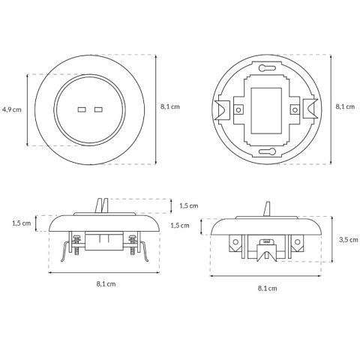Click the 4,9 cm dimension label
click(12, 109)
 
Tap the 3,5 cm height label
click(349, 240)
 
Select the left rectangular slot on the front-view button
click(82, 109)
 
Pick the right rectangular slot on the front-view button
click(98, 109)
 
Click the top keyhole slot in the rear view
click(267, 67)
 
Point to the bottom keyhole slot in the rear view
click(267, 151)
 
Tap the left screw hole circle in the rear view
click(238, 109)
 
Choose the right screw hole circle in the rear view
click(295, 109)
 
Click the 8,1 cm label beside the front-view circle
click(170, 106)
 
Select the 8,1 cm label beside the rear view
click(345, 106)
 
